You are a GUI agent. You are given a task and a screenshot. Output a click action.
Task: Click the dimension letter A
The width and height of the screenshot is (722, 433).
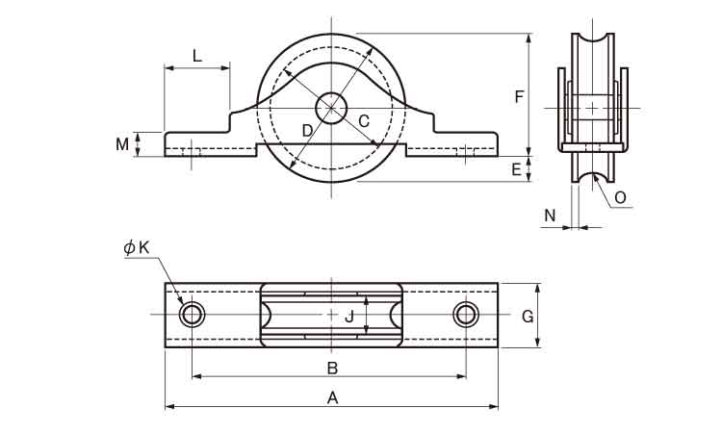[332, 396]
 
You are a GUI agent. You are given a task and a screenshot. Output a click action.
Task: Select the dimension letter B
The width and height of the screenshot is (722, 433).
[332, 367]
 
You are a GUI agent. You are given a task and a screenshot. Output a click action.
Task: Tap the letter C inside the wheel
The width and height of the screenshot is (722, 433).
[364, 120]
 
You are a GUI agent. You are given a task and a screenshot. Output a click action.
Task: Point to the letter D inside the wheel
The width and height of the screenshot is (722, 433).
[307, 130]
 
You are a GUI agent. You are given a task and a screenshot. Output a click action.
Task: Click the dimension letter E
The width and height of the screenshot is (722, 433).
[516, 169]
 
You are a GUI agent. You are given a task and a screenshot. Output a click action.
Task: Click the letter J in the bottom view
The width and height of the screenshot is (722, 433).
[350, 316]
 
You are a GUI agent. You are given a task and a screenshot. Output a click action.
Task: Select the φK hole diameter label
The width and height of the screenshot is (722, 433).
[137, 247]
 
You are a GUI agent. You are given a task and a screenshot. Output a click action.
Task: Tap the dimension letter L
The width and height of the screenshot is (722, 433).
[196, 56]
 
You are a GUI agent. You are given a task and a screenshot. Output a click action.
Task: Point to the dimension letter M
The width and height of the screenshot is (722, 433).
[122, 144]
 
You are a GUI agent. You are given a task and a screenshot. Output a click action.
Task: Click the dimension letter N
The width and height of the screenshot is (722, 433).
[550, 216]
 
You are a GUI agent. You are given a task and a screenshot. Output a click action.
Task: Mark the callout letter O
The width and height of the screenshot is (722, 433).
[620, 197]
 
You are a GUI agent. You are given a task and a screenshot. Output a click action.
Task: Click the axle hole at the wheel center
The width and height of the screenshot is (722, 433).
[332, 108]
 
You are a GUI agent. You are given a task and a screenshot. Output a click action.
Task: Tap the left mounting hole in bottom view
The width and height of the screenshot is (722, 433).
[193, 315]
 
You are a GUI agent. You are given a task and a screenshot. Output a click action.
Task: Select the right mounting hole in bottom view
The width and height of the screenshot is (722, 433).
[467, 315]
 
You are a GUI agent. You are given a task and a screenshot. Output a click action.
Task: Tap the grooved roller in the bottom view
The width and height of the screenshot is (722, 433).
[331, 315]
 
